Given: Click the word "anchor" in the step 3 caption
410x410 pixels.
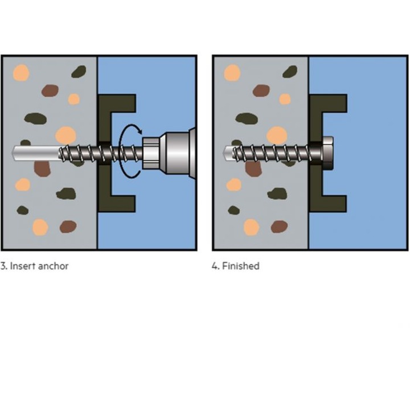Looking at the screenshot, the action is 53,266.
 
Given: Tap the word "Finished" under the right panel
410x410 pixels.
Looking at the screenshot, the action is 240,266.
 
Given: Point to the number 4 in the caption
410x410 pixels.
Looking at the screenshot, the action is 215,266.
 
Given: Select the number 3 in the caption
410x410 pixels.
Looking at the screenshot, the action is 3,266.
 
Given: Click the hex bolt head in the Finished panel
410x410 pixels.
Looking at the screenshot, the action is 327,153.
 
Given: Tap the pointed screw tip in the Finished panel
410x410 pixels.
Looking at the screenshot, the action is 227,153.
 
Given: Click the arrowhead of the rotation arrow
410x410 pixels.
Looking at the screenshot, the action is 140,131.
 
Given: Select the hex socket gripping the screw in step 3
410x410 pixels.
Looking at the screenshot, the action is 151,153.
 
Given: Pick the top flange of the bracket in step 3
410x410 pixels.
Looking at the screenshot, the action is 117,104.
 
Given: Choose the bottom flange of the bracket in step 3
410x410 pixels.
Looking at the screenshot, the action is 117,204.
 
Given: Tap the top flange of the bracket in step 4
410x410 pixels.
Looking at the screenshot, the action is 328,104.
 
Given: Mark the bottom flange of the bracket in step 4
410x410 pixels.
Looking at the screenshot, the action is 328,204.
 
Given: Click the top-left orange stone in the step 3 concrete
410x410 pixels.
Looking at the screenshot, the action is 21,72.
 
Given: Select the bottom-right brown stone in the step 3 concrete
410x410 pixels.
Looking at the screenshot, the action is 68,227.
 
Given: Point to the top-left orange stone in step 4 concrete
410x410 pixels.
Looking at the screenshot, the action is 232,72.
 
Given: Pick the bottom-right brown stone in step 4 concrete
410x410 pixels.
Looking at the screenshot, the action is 279,227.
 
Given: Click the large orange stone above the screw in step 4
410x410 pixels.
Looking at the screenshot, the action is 277,136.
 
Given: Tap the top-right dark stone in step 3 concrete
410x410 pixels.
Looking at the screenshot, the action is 79,71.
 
